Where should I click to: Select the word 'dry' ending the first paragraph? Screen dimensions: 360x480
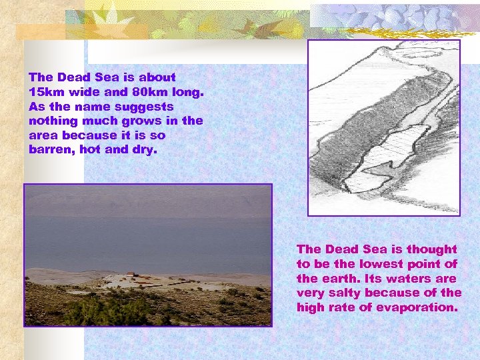click(147, 149)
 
